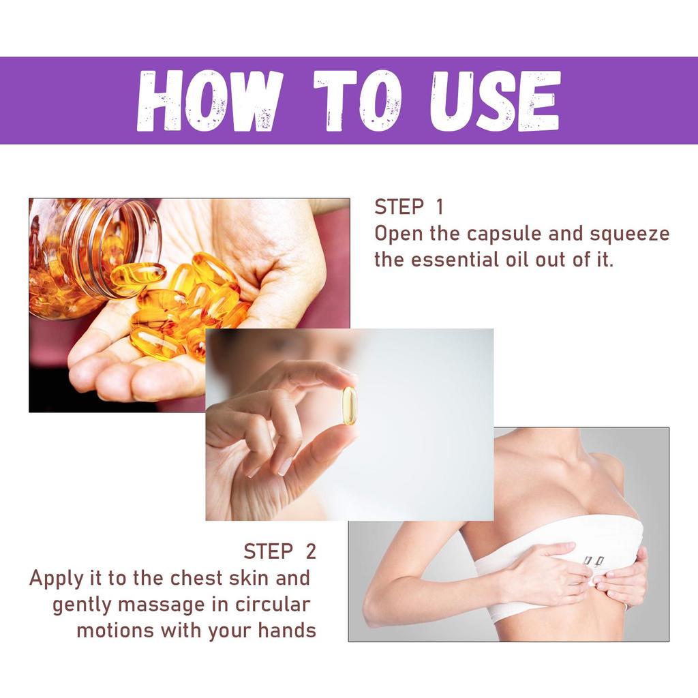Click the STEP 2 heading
[279, 551]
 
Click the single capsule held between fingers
[349, 406]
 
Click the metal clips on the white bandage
[592, 561]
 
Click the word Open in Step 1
[398, 234]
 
